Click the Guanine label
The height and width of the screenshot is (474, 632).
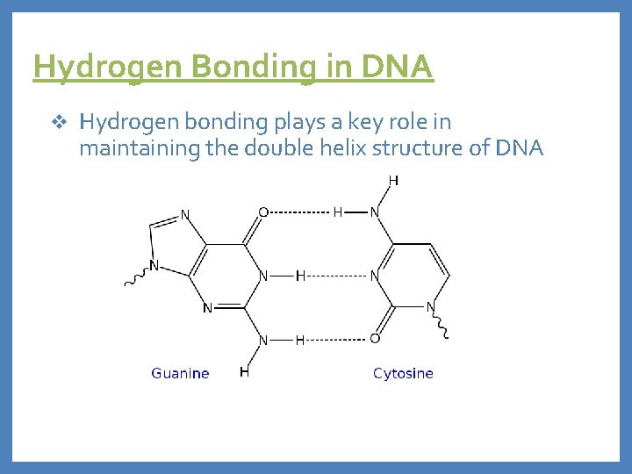(x=180, y=373)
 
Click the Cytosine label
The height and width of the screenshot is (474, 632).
(x=403, y=373)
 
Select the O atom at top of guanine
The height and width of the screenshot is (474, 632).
(x=263, y=212)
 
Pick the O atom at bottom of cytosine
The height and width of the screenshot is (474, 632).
(x=375, y=339)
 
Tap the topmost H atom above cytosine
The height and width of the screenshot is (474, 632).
(x=392, y=181)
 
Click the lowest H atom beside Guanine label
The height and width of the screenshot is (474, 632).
(x=245, y=372)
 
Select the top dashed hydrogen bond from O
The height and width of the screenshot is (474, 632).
(x=299, y=212)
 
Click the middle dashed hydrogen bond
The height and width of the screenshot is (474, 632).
(x=336, y=276)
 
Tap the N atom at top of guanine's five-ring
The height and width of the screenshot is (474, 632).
(x=185, y=213)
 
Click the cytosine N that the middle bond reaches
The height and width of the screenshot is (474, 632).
(x=375, y=276)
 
